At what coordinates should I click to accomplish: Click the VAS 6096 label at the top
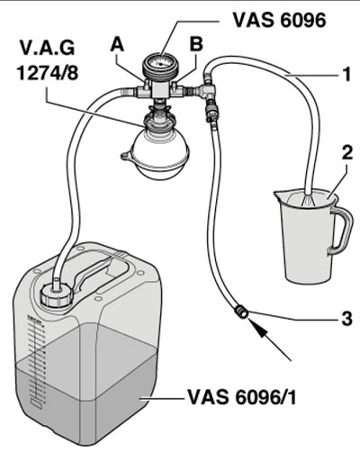(279, 20)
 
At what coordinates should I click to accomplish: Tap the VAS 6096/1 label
(242, 397)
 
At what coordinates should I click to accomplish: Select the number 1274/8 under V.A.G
(48, 72)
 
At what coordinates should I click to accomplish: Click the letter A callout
(117, 46)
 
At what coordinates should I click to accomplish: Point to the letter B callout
(196, 44)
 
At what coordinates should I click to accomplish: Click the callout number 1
(346, 74)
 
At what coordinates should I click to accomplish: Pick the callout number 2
(347, 153)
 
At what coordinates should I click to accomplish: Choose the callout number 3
(346, 318)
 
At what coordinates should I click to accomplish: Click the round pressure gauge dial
(160, 64)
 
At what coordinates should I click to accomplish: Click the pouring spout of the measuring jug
(280, 196)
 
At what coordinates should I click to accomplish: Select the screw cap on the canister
(57, 295)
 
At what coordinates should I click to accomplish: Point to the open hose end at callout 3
(241, 311)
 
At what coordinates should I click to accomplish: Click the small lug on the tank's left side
(127, 156)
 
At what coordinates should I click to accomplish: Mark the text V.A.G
(47, 48)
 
